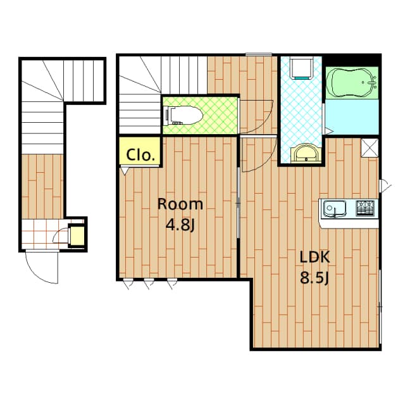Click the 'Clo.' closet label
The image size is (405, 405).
[139, 154]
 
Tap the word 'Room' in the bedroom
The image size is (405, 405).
[180, 204]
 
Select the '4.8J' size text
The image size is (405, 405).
[180, 224]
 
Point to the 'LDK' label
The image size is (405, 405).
[315, 258]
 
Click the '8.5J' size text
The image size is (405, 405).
[315, 278]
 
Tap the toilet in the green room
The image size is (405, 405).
[184, 115]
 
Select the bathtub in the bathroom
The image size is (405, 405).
[352, 82]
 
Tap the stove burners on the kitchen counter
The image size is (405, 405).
[365, 206]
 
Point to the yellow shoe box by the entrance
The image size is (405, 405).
[77, 235]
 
